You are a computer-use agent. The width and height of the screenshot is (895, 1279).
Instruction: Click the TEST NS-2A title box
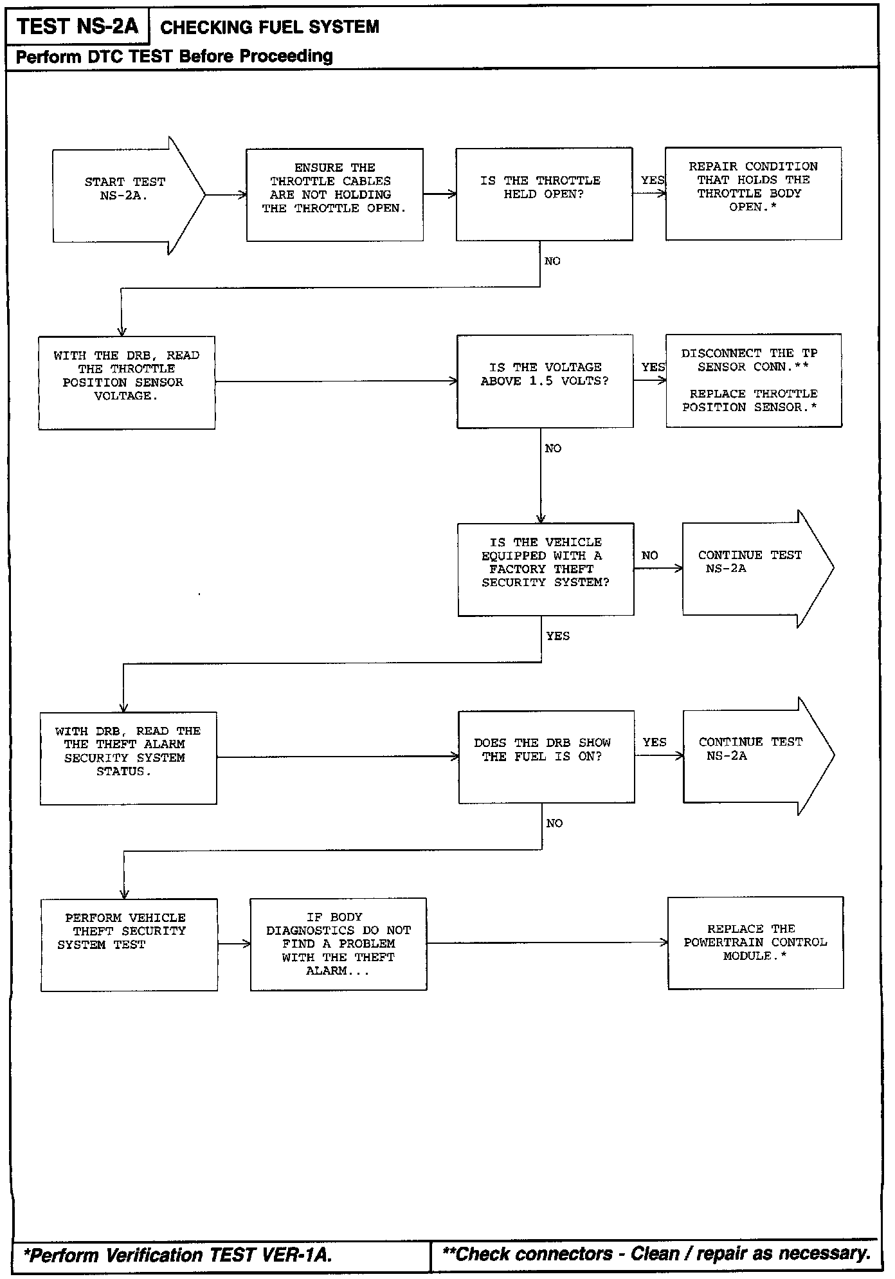pyautogui.click(x=77, y=26)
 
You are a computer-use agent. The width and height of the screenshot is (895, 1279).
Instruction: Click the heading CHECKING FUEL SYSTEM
pyautogui.click(x=269, y=27)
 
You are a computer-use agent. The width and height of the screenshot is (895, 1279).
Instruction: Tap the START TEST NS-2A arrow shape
pyautogui.click(x=125, y=195)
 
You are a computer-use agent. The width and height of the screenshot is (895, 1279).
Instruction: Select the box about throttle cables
pyautogui.click(x=334, y=195)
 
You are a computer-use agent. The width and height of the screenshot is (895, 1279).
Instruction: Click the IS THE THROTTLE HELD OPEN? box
pyautogui.click(x=544, y=194)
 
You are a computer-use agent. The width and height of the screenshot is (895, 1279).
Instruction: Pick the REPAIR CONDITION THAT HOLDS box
pyautogui.click(x=753, y=194)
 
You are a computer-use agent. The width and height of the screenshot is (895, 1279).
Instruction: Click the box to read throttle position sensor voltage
pyautogui.click(x=127, y=382)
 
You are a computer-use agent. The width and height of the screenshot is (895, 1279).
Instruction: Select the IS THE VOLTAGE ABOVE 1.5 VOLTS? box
pyautogui.click(x=545, y=381)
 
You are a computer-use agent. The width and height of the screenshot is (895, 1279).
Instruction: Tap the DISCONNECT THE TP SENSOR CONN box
pyautogui.click(x=754, y=380)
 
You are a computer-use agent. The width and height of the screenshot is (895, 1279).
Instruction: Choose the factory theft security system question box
pyautogui.click(x=545, y=569)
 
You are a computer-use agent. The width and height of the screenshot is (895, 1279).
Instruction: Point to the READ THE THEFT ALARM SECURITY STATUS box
pyautogui.click(x=128, y=758)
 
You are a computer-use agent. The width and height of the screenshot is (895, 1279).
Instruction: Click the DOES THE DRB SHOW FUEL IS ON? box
pyautogui.click(x=546, y=757)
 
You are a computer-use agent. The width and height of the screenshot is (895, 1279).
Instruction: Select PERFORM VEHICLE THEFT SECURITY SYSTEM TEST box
pyautogui.click(x=129, y=944)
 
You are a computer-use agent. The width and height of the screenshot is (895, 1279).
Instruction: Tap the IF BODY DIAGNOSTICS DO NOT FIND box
pyautogui.click(x=338, y=944)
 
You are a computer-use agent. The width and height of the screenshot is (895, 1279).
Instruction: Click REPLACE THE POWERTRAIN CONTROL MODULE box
pyautogui.click(x=755, y=943)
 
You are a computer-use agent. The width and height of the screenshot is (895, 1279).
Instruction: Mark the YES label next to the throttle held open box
pyautogui.click(x=653, y=180)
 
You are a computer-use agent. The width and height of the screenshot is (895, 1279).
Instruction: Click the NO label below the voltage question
pyautogui.click(x=553, y=448)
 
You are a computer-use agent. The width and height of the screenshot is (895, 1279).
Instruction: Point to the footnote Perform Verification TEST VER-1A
pyautogui.click(x=178, y=1255)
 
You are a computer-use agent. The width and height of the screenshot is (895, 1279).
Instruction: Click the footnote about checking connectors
pyautogui.click(x=656, y=1254)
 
